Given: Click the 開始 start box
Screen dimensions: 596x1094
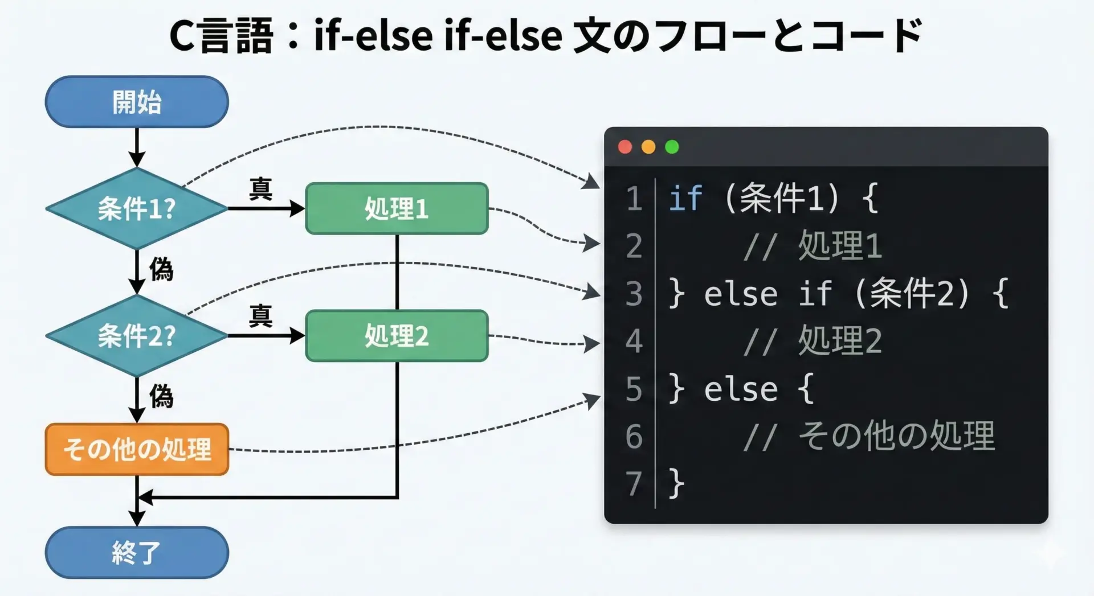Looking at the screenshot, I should (x=137, y=102).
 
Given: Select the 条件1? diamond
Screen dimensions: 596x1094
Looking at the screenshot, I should (x=137, y=208).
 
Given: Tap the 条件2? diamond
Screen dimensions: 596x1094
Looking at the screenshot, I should (x=137, y=335).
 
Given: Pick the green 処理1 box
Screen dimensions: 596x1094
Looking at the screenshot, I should (x=397, y=208).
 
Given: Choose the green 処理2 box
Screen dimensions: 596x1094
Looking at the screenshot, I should (x=397, y=335).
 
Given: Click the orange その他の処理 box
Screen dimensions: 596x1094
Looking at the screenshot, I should (x=137, y=449).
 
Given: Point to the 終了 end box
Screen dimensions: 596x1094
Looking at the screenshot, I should (x=137, y=552).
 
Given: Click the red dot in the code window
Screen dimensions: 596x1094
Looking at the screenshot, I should (x=625, y=147).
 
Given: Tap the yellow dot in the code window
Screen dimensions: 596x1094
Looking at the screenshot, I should (x=648, y=147).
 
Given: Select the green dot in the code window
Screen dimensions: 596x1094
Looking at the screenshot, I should (x=672, y=147).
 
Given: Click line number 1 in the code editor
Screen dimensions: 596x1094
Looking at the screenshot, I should (x=634, y=199).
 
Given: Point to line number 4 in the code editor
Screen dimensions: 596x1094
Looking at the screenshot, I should (x=634, y=342).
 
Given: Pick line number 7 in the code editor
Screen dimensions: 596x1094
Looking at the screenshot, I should (x=634, y=484).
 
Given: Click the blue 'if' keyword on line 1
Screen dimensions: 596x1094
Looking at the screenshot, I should (x=685, y=199).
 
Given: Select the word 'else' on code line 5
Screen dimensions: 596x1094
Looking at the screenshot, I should (x=741, y=390).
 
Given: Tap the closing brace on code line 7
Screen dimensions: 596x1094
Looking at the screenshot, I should (x=676, y=484).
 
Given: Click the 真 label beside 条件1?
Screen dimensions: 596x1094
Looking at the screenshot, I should (x=260, y=188).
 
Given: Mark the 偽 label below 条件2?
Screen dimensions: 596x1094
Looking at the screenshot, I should (x=161, y=396).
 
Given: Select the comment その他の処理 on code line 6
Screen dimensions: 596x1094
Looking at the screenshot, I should (x=896, y=437).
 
